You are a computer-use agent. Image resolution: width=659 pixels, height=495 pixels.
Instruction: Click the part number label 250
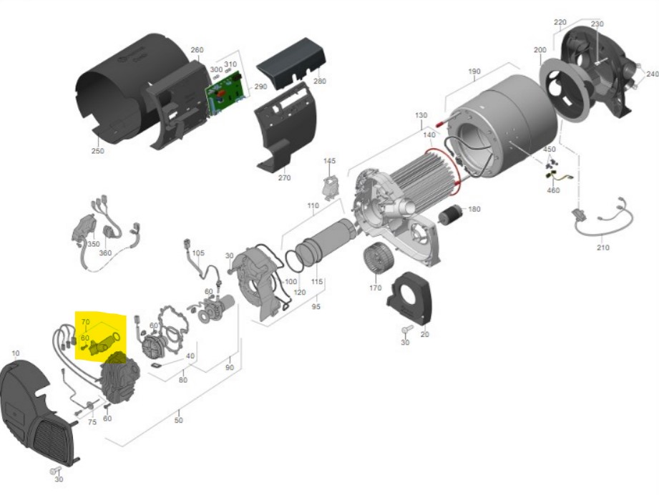[x=98, y=151]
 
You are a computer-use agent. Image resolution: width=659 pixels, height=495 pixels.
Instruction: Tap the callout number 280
[x=319, y=81]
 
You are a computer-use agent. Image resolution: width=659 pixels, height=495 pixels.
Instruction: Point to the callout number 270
[x=285, y=177]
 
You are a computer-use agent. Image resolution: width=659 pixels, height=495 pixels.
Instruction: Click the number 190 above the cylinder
[x=474, y=72]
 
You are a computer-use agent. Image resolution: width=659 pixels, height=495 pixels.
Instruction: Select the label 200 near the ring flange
[x=540, y=50]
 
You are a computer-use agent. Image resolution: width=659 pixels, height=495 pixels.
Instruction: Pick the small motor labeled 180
[x=451, y=213]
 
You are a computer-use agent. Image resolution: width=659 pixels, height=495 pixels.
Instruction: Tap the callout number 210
[x=603, y=247]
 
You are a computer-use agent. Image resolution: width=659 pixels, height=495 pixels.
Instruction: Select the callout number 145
[x=329, y=161]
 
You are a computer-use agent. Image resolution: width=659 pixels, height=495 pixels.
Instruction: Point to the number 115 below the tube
[x=317, y=283]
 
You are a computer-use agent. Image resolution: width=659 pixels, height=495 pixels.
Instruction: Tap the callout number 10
[x=16, y=353]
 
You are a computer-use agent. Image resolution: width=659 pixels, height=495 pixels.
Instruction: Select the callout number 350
[x=94, y=244]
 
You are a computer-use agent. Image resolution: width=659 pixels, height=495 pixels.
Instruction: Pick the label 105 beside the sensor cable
[x=198, y=253]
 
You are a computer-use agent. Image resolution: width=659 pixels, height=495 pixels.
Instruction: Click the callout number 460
[x=553, y=190]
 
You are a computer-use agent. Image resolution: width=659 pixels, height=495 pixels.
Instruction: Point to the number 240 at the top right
[x=652, y=74]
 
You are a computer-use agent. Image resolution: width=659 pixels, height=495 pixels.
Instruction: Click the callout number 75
[x=92, y=423]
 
